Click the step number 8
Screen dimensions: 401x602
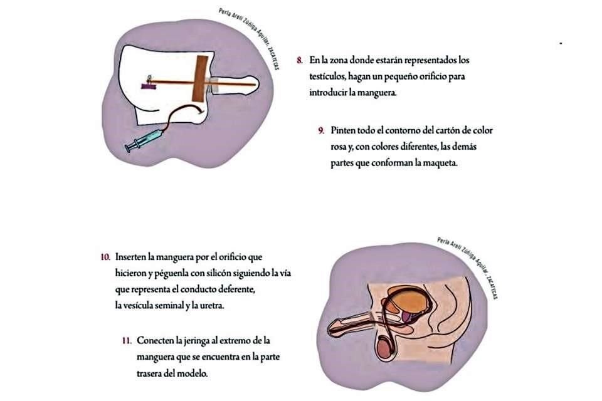(301, 61)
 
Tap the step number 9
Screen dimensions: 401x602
(320, 131)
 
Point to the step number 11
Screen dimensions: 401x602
(127, 340)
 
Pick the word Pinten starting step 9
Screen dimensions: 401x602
(344, 131)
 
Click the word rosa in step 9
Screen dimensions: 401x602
(340, 148)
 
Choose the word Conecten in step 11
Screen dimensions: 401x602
(156, 340)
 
